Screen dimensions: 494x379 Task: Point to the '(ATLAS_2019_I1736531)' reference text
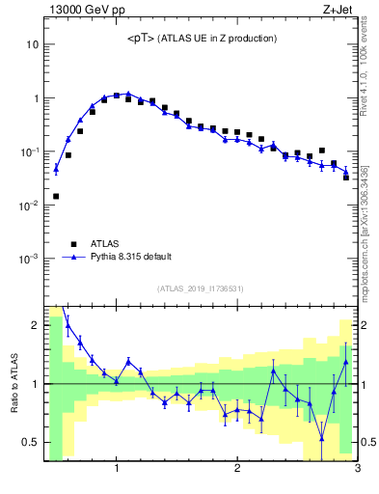pyautogui.click(x=201, y=288)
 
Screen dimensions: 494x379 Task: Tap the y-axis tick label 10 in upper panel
pyautogui.click(x=32, y=44)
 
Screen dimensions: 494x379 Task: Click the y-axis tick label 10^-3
pyautogui.click(x=29, y=259)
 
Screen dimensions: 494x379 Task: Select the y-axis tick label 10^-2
pyautogui.click(x=29, y=206)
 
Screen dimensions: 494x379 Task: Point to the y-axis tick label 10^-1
pyautogui.click(x=29, y=151)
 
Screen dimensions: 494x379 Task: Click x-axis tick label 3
pyautogui.click(x=357, y=470)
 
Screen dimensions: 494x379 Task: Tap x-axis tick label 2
pyautogui.click(x=237, y=470)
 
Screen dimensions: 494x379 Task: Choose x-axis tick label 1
pyautogui.click(x=117, y=470)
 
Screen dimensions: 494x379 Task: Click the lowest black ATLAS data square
pyautogui.click(x=56, y=196)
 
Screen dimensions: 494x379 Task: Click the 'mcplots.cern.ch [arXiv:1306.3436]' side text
pyautogui.click(x=369, y=222)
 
